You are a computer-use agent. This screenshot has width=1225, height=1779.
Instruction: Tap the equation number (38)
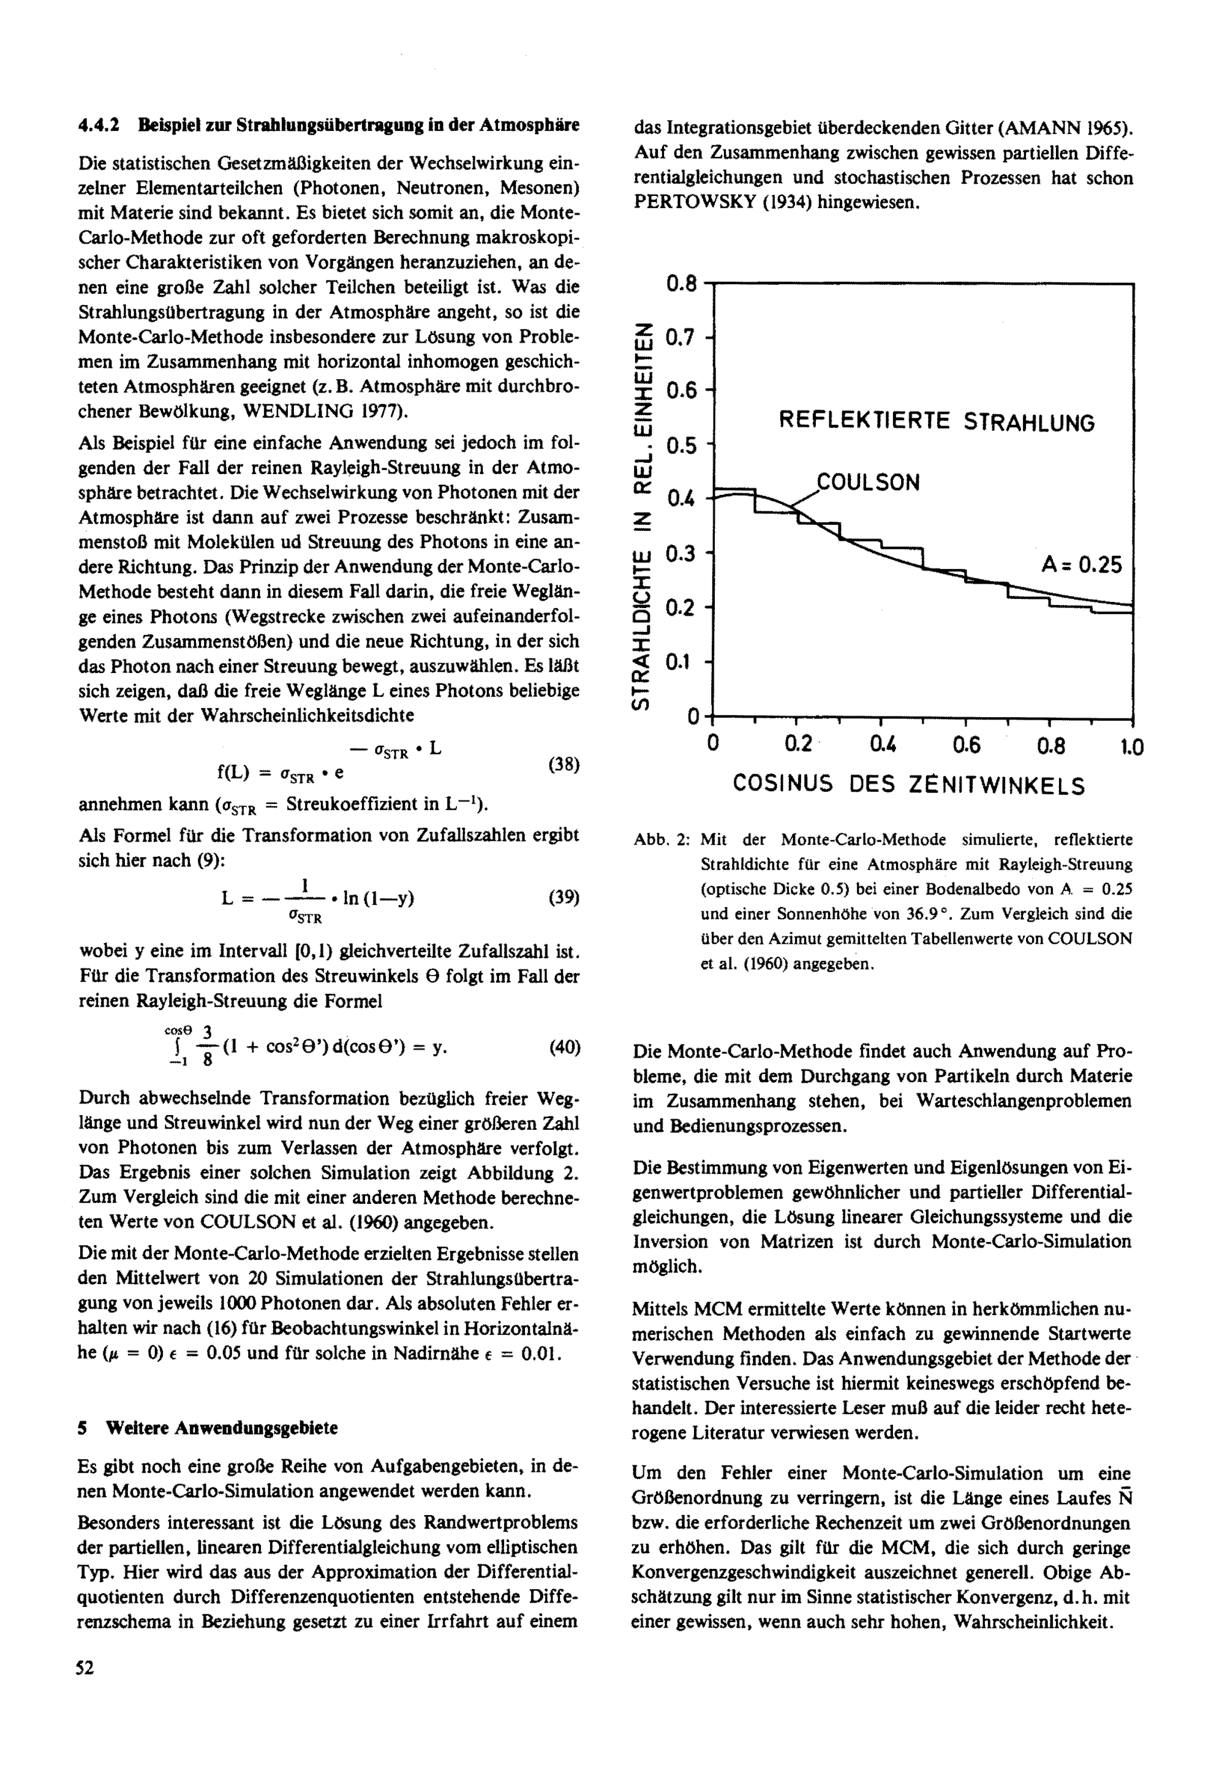[x=563, y=764]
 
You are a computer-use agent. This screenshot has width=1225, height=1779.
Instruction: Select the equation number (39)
[x=563, y=897]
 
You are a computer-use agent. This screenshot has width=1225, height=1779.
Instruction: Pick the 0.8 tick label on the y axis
[x=682, y=285]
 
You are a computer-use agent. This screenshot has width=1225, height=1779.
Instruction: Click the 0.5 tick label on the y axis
[x=682, y=446]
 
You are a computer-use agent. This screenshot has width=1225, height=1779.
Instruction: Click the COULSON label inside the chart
[x=868, y=483]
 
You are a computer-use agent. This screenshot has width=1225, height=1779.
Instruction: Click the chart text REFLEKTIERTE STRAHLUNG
[x=937, y=421]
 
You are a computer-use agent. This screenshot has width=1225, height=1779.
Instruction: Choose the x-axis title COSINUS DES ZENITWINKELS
[x=909, y=784]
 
